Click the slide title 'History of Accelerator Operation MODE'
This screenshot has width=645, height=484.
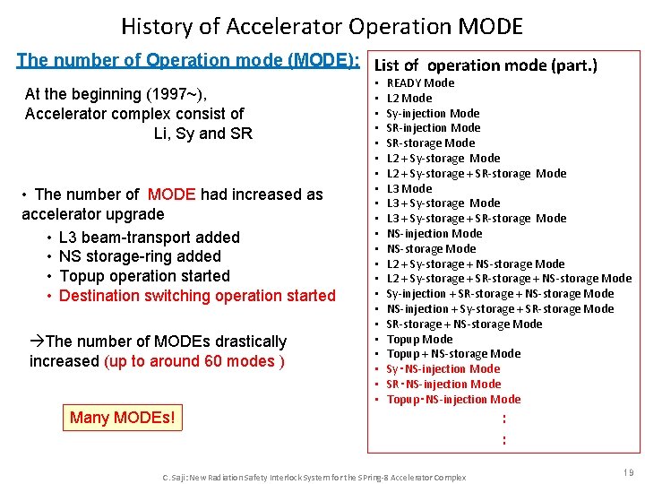click(322, 27)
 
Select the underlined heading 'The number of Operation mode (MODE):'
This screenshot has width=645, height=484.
click(188, 61)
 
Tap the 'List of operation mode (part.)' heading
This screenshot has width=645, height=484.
click(486, 65)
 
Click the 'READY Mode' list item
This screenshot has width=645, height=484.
click(420, 83)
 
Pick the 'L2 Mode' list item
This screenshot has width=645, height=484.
click(409, 99)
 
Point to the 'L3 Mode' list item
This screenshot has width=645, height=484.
click(409, 189)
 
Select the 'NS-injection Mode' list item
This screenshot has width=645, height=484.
click(434, 234)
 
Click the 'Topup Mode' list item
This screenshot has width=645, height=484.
click(419, 340)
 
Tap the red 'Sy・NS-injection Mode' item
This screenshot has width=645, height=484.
click(443, 369)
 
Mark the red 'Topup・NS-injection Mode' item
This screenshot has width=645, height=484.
click(453, 400)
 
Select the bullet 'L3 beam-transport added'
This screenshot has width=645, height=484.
click(149, 238)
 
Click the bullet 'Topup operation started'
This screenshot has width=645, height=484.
click(143, 276)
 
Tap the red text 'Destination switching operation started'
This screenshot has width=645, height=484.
click(197, 296)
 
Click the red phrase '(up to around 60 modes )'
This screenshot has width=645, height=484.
click(194, 361)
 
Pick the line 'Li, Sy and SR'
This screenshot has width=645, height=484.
click(203, 134)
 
